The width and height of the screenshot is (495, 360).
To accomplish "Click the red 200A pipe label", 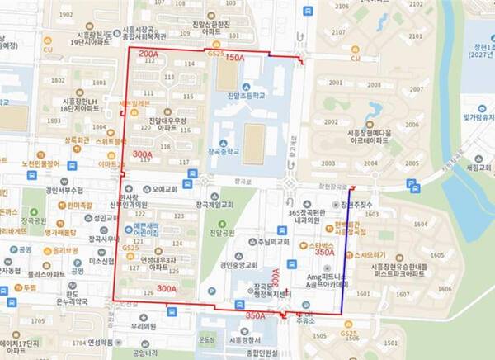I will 149,54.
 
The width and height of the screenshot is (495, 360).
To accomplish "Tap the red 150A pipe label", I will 235,59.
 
